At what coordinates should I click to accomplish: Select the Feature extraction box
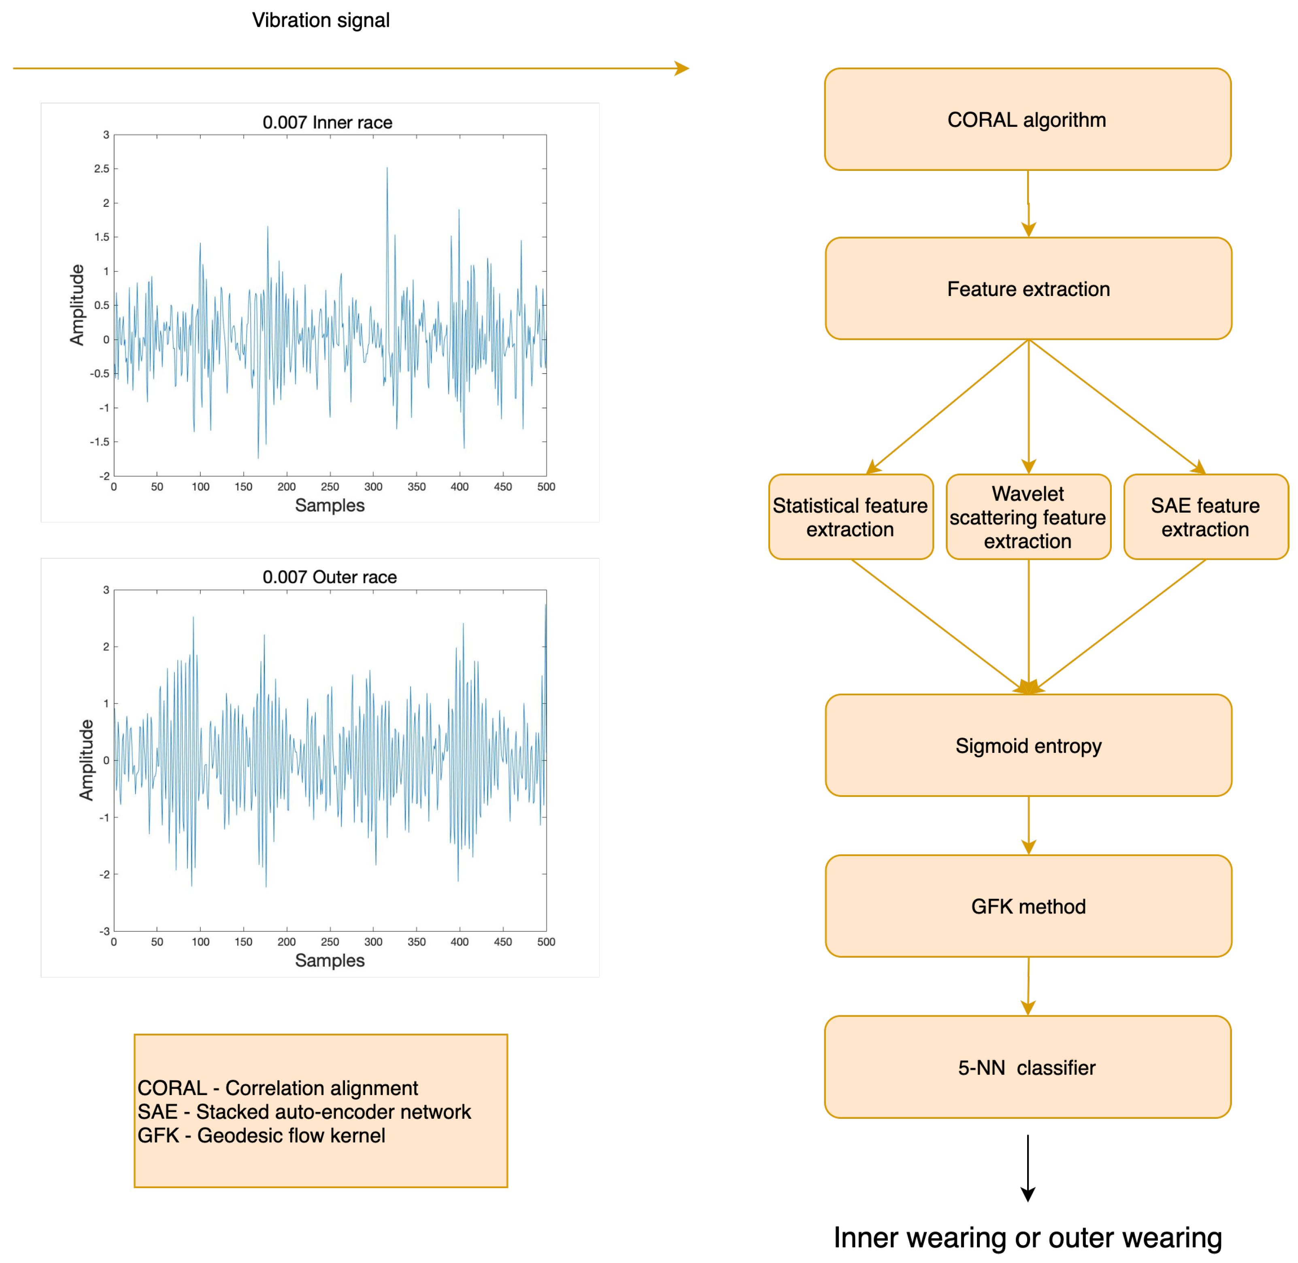1028,289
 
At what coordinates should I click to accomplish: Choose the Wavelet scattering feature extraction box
1028,517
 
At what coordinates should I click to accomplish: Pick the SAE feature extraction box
1205,517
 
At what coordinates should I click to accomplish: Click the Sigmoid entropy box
1028,745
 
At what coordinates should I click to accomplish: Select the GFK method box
1028,906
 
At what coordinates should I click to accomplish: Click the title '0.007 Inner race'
327,122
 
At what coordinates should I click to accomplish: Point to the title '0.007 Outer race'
330,577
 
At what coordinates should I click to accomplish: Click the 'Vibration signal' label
320,20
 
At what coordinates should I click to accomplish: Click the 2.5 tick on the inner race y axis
102,168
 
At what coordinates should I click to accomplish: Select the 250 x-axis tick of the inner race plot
330,486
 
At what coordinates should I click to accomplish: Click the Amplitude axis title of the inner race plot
77,305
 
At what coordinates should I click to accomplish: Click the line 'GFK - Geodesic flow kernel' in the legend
261,1135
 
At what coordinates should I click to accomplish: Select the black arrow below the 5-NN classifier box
1028,1167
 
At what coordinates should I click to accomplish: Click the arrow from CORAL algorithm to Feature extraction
1028,204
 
